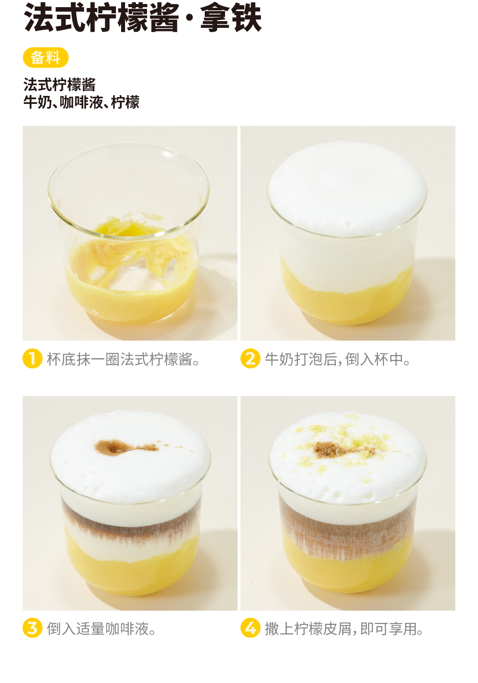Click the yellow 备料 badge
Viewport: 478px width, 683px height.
click(46, 58)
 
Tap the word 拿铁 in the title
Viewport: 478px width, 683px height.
click(231, 18)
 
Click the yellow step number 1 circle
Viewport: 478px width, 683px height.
click(33, 359)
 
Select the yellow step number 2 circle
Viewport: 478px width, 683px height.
click(251, 359)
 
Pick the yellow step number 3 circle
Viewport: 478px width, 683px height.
click(33, 628)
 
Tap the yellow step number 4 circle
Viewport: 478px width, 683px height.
click(251, 628)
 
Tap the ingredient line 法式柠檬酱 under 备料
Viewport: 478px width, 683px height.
click(60, 85)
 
